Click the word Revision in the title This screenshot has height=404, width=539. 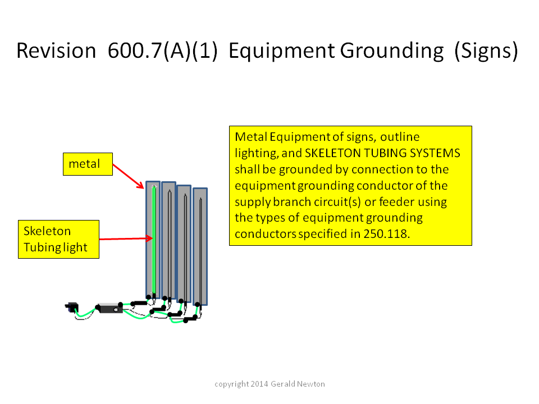[x=56, y=50]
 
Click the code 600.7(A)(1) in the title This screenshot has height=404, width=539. [x=163, y=51]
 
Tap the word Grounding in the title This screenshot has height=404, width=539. [x=392, y=52]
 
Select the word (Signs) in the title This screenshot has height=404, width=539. [x=486, y=52]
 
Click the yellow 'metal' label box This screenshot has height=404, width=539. [x=88, y=164]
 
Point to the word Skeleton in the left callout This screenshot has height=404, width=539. [x=47, y=231]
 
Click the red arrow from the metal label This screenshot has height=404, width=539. [x=128, y=176]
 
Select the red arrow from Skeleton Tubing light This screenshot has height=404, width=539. [x=126, y=238]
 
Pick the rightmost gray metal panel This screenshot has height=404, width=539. [x=200, y=246]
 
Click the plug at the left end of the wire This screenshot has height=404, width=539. [x=72, y=307]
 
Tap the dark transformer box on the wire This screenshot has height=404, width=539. [x=110, y=308]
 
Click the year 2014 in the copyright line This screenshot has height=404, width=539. [x=259, y=384]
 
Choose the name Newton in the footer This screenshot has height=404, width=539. [x=311, y=384]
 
